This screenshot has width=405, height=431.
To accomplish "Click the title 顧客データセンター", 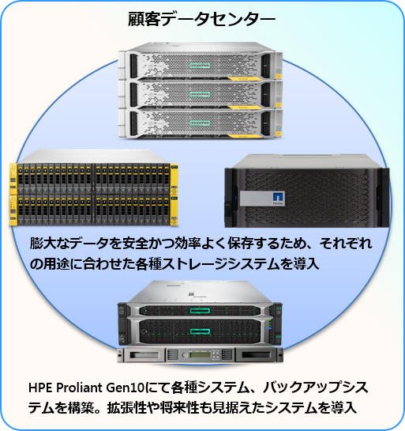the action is (x=201, y=19).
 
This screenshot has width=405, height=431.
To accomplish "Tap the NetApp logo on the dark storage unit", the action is (x=279, y=198).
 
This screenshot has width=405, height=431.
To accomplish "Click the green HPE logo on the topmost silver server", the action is (x=200, y=66).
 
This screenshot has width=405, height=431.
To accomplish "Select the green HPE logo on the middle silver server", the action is (x=200, y=94).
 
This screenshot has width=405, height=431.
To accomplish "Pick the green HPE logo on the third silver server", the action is (x=200, y=123).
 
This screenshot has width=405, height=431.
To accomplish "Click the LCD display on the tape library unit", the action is (x=201, y=354).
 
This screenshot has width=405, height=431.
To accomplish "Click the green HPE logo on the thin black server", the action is (x=200, y=311).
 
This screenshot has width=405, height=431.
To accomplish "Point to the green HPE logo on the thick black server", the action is (x=200, y=331).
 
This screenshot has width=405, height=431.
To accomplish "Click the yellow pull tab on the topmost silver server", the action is (x=245, y=79).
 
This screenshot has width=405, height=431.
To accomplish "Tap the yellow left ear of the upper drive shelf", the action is (x=13, y=179).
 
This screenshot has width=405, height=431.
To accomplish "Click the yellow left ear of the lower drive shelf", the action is (x=13, y=210).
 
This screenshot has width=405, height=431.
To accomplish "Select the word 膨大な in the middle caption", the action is (x=50, y=243).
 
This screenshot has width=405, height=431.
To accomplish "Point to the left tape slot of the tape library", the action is (x=144, y=355).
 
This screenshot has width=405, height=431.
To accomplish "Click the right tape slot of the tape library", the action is (x=257, y=355).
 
